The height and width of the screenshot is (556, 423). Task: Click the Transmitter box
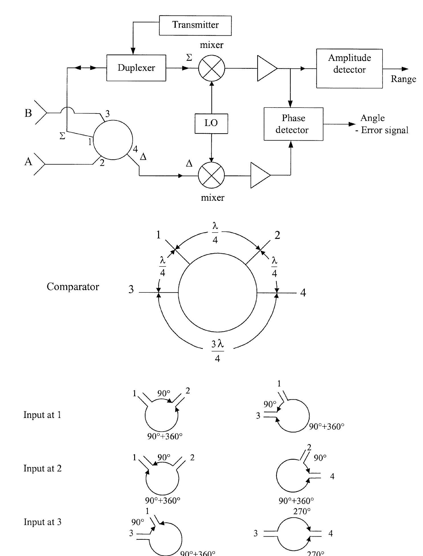point(195,25)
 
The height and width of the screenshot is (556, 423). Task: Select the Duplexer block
point(136,68)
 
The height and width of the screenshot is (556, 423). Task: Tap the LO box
point(211,124)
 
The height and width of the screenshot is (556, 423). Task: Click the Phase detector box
point(293,124)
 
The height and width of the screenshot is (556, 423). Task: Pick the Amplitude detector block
point(349,68)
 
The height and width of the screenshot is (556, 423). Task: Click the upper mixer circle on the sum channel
point(211,68)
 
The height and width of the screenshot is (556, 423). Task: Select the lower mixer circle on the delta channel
point(211,175)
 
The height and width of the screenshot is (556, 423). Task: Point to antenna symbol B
point(40,113)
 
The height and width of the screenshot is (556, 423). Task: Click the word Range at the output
point(403,79)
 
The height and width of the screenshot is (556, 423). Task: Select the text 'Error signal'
point(385,130)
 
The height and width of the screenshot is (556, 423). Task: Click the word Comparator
point(73,287)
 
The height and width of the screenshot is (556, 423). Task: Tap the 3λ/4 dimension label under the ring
point(218,351)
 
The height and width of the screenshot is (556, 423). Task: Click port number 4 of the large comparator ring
point(303,293)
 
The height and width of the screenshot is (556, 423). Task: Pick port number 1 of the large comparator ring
point(158,235)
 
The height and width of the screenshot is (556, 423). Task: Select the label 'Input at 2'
point(42,468)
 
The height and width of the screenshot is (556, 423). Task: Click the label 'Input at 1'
point(42,415)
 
